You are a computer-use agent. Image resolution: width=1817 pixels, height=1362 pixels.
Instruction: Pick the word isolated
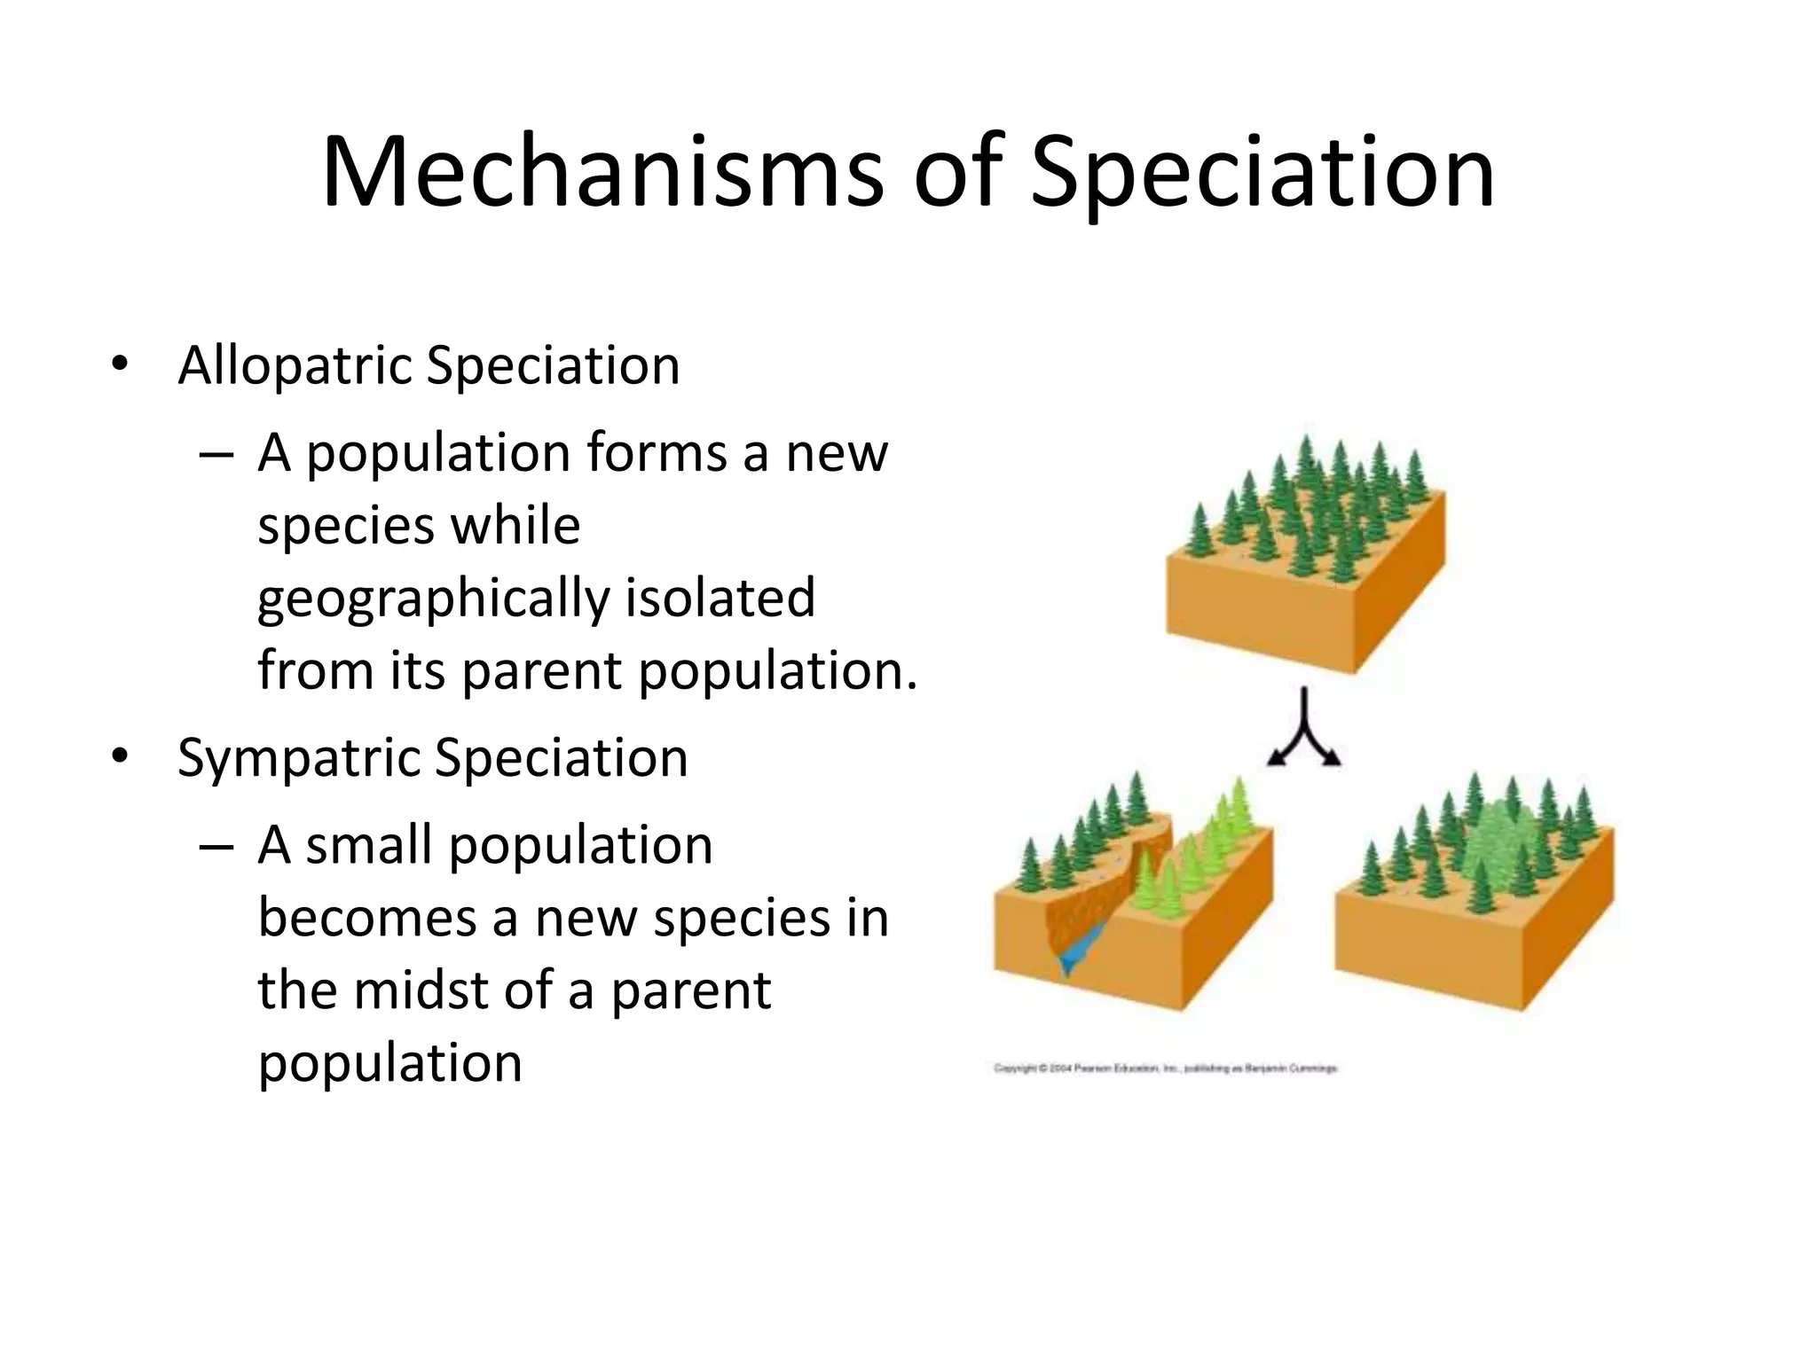coord(720,597)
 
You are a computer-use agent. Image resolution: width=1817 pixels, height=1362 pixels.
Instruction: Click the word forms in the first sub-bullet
coord(656,453)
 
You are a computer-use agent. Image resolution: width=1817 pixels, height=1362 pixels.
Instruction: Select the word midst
coord(421,990)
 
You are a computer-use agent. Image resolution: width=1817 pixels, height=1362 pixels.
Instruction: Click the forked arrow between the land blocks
coord(1304,732)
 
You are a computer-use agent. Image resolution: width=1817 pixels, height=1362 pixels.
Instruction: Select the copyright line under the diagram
coord(1164,1069)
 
